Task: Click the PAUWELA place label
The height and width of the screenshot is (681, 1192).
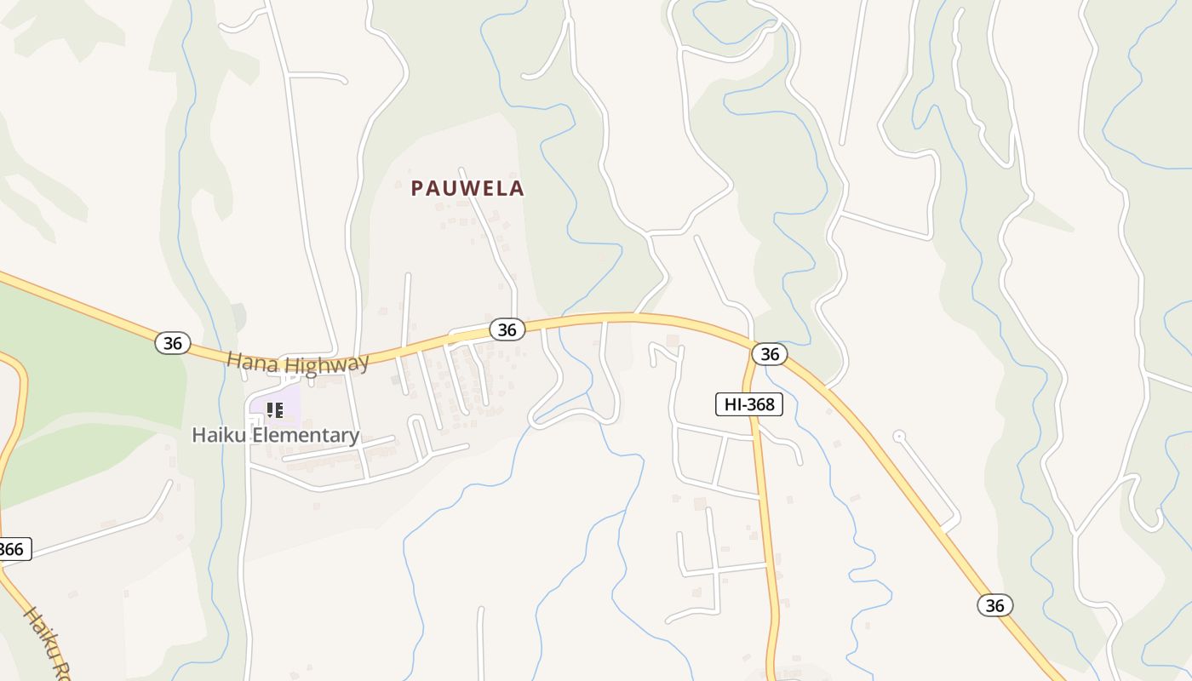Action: pos(467,188)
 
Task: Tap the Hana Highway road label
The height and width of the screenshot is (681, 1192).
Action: pos(297,363)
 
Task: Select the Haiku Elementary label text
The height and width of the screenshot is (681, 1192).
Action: pos(275,435)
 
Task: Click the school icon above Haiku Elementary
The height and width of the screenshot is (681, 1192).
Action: pos(274,410)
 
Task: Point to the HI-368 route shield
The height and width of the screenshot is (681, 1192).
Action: pos(749,404)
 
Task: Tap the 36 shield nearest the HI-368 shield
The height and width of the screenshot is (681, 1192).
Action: pos(769,353)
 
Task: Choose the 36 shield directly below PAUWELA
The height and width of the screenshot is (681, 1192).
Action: pos(507,329)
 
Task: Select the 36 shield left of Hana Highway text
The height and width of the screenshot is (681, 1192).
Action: pos(173,343)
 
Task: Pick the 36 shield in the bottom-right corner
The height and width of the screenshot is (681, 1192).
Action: pos(994,605)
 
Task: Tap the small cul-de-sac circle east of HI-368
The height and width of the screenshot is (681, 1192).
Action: pos(898,436)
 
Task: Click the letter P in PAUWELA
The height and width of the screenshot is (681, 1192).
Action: pos(417,188)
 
